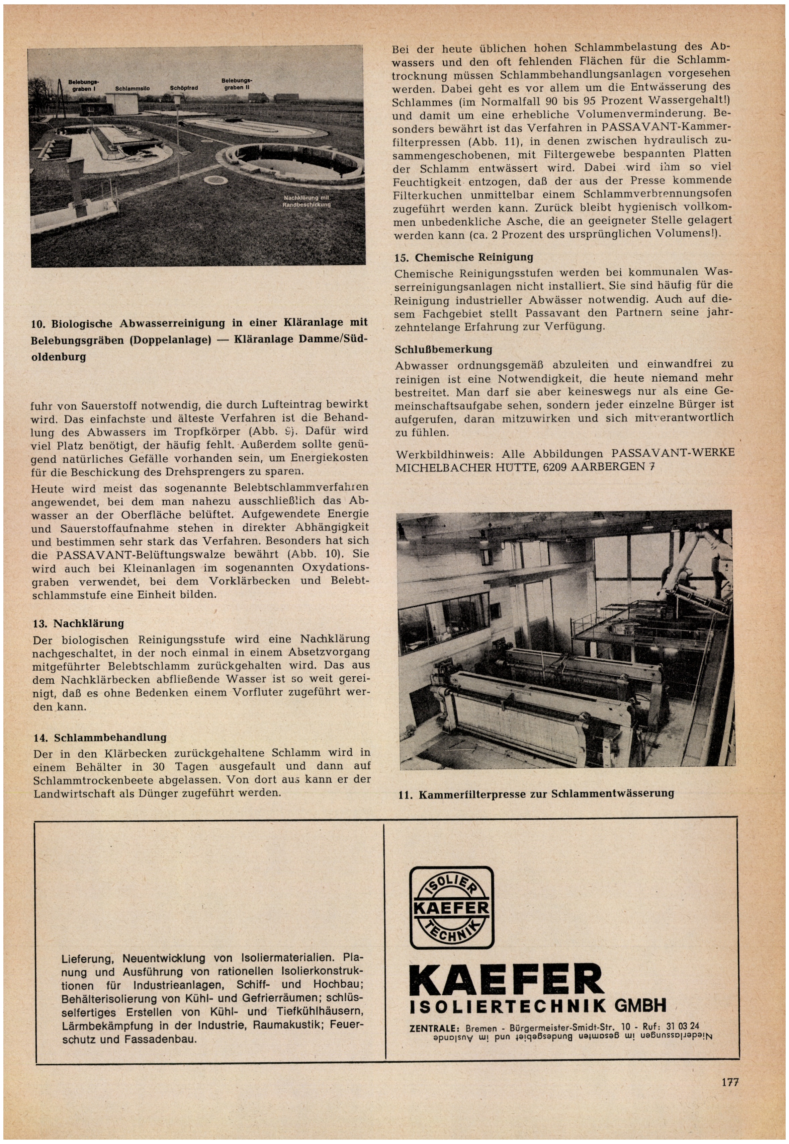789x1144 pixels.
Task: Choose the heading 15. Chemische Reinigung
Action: pos(464,257)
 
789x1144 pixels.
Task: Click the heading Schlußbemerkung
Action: pos(443,349)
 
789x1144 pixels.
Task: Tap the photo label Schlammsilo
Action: pos(133,88)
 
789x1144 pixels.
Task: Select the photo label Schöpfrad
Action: pos(184,88)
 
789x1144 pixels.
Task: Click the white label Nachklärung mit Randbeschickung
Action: pos(306,201)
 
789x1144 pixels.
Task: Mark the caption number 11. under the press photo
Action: pos(406,796)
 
